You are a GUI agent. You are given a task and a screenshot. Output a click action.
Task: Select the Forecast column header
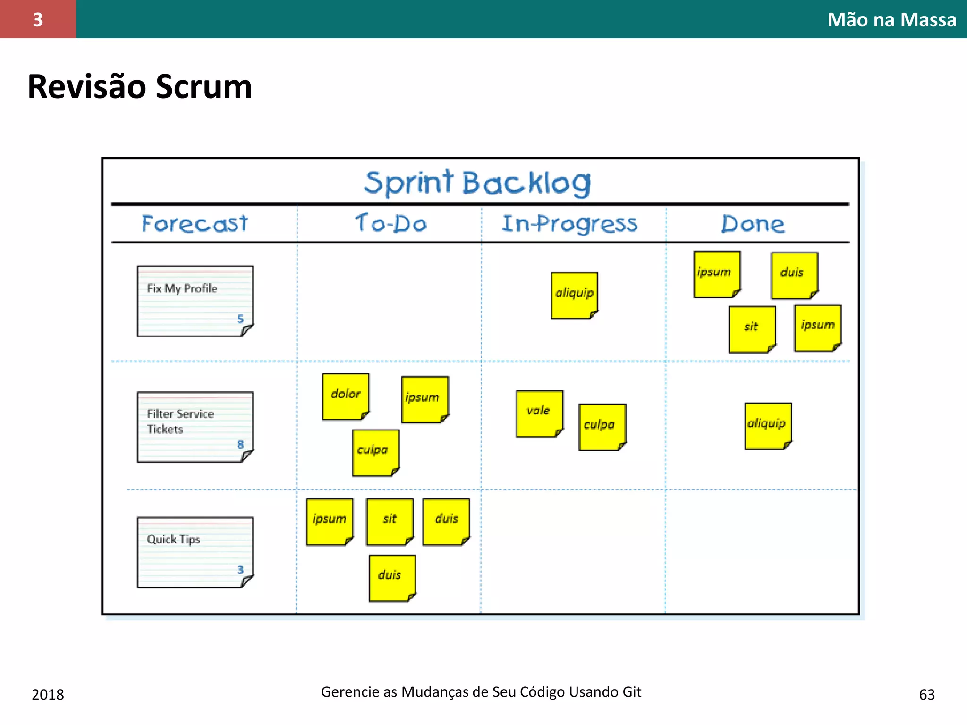click(195, 223)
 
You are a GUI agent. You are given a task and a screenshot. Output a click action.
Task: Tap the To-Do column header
click(391, 223)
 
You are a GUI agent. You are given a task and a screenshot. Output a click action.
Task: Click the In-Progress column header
click(569, 224)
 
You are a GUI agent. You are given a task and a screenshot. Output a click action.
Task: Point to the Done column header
click(753, 224)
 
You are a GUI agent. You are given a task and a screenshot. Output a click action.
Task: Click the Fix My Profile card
click(195, 301)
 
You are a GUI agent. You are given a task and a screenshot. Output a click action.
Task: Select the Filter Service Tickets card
click(195, 427)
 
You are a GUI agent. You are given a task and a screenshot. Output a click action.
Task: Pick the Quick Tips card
click(195, 552)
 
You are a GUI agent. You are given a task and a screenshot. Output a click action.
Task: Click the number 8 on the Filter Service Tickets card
click(240, 445)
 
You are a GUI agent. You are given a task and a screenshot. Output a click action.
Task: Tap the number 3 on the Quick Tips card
click(240, 570)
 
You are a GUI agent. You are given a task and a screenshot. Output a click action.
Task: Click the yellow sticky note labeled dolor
click(346, 396)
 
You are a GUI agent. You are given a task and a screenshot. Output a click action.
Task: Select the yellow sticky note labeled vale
click(539, 413)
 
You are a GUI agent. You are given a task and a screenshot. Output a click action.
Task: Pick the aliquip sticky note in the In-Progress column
click(574, 295)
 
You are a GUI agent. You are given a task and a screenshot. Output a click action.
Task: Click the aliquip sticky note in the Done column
click(768, 426)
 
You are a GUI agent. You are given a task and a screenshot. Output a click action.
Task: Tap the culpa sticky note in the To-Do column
click(375, 452)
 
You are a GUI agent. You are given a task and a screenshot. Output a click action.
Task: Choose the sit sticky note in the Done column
click(752, 329)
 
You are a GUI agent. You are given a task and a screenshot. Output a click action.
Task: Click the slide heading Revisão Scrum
click(140, 87)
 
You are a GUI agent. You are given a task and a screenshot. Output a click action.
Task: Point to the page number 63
click(926, 694)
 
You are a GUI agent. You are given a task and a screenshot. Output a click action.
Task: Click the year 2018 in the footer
click(48, 694)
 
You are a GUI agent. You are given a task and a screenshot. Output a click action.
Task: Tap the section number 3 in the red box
click(38, 19)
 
